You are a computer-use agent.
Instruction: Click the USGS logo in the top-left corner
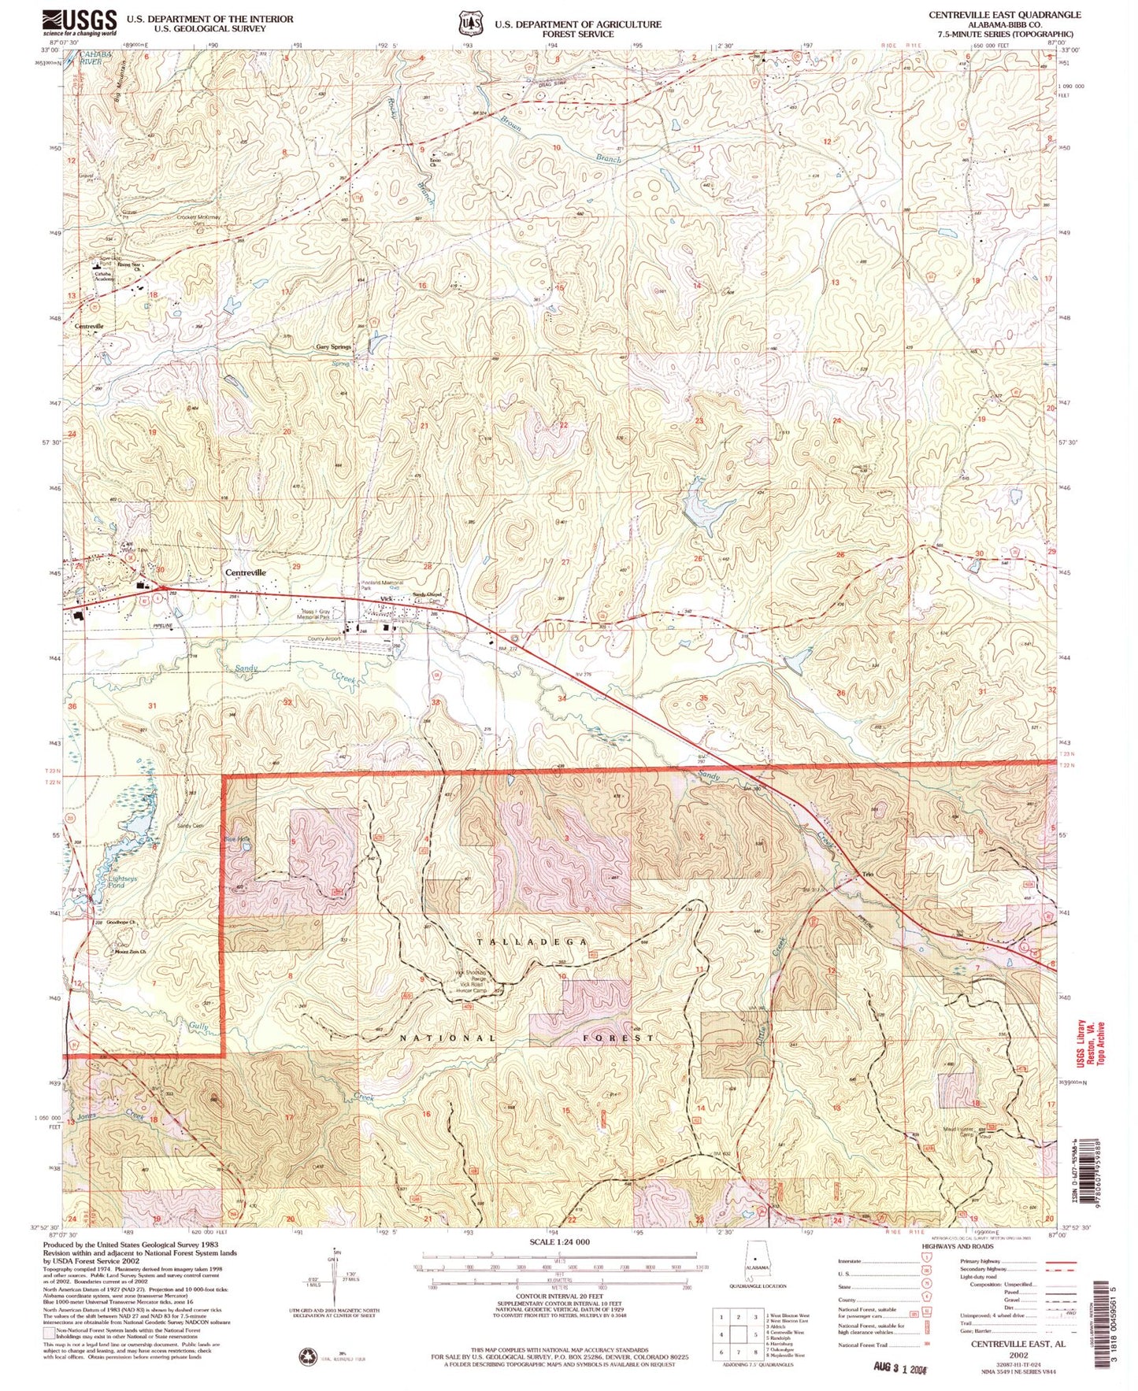tap(80, 21)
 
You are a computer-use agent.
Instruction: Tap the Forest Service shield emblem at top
tap(471, 24)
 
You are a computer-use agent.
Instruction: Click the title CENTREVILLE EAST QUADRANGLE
tap(1004, 15)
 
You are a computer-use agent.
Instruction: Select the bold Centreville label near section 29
tap(246, 572)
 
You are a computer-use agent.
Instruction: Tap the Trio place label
tap(869, 875)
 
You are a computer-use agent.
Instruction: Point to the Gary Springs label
tap(333, 346)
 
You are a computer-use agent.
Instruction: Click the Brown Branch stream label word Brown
tap(515, 124)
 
